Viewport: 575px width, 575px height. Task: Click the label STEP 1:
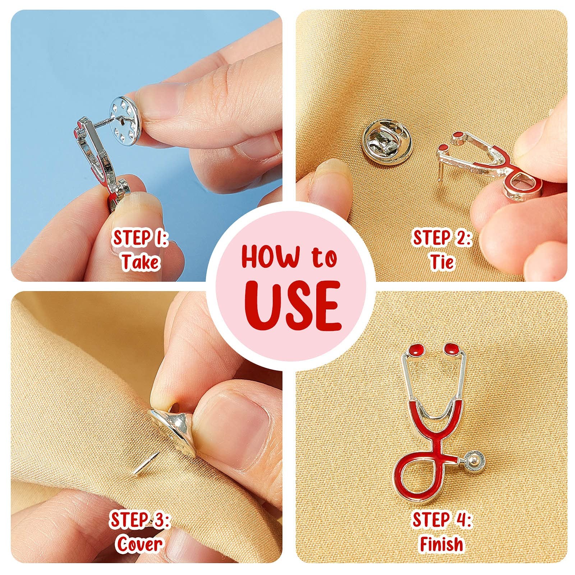[x=141, y=238]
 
